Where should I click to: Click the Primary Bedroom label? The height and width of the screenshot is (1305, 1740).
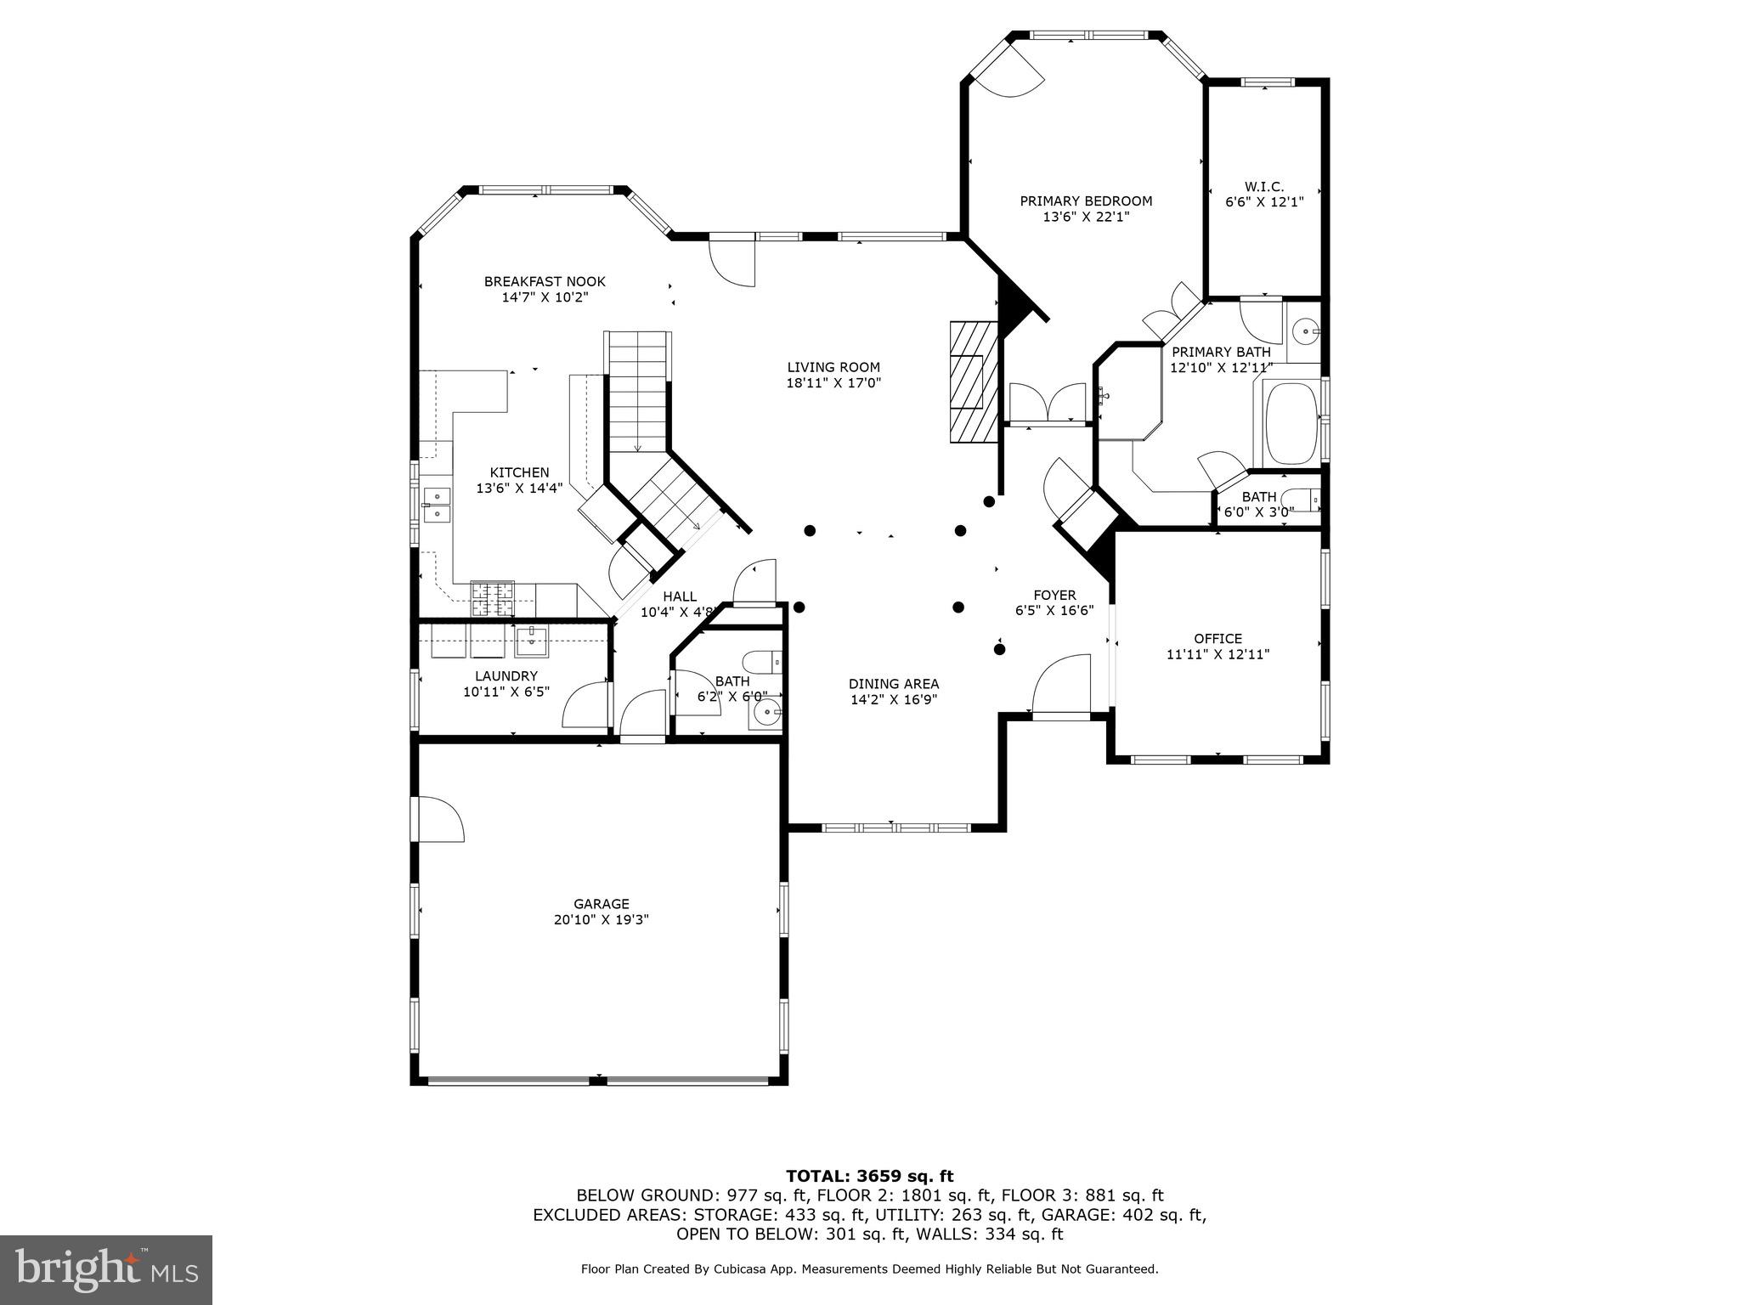tap(1086, 201)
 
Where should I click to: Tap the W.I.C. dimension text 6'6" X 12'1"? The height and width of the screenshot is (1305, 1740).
tap(1263, 202)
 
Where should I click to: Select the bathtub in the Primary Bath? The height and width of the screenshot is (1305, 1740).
tap(1290, 423)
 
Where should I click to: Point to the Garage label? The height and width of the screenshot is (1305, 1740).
tap(601, 904)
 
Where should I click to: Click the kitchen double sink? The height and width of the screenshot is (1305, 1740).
tap(437, 504)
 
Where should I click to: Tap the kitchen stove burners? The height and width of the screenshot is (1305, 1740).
tap(493, 597)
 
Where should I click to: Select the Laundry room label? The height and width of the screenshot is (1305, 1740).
tap(506, 676)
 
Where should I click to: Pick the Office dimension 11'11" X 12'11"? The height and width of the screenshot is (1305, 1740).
tap(1217, 654)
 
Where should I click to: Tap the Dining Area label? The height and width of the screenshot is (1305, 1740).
tap(894, 684)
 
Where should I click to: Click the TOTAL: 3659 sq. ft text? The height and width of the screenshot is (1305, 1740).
tap(869, 1177)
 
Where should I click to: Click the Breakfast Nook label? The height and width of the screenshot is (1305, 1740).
tap(545, 281)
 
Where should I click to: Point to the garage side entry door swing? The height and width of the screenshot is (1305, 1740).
tap(438, 819)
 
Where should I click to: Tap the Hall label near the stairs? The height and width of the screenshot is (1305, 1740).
tap(680, 596)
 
